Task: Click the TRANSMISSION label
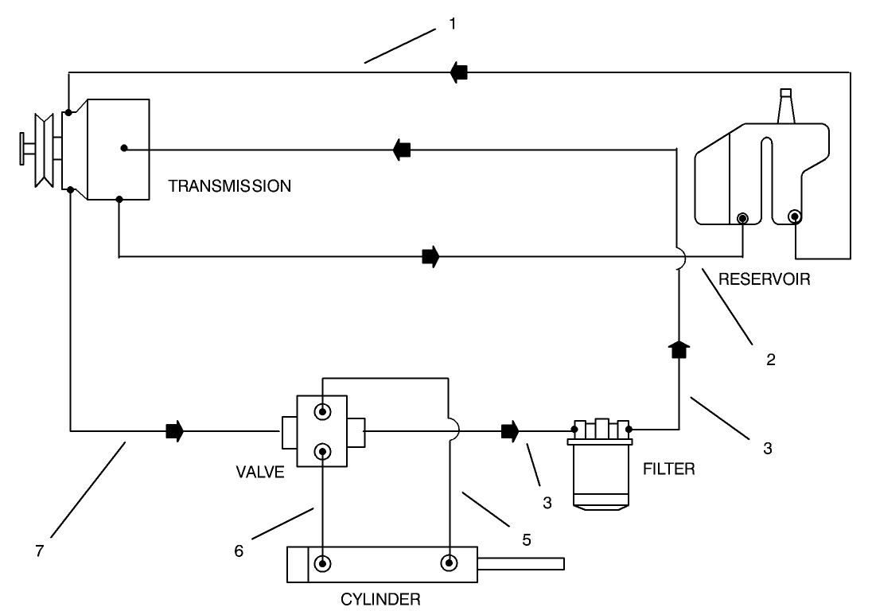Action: tap(230, 187)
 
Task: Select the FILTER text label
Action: tap(668, 469)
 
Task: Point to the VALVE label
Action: tap(260, 469)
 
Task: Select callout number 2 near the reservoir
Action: tap(769, 359)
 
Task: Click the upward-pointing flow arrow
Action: tap(678, 349)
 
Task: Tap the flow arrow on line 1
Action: tap(457, 72)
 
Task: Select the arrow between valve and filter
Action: tap(509, 433)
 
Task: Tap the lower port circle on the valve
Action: tap(322, 452)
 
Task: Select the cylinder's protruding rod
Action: tap(520, 564)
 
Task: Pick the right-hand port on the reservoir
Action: tap(794, 216)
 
